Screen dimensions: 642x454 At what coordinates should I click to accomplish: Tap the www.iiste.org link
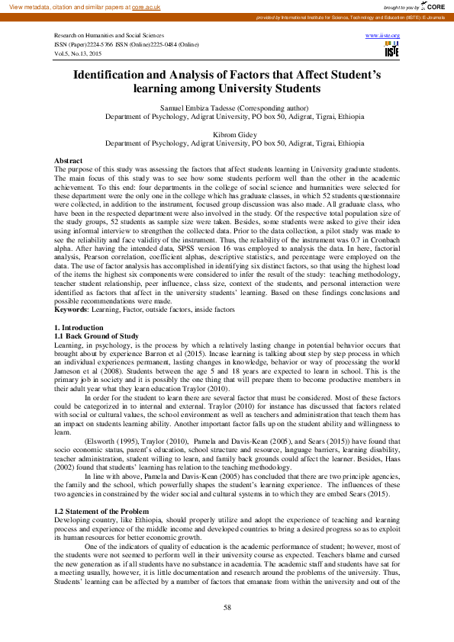[382, 36]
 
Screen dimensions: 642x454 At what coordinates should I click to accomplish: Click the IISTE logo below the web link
[391, 50]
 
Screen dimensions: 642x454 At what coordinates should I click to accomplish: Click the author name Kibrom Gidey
[227, 133]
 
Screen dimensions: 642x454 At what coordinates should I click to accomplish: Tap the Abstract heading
[68, 160]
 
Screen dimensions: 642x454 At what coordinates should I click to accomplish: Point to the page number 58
[227, 607]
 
